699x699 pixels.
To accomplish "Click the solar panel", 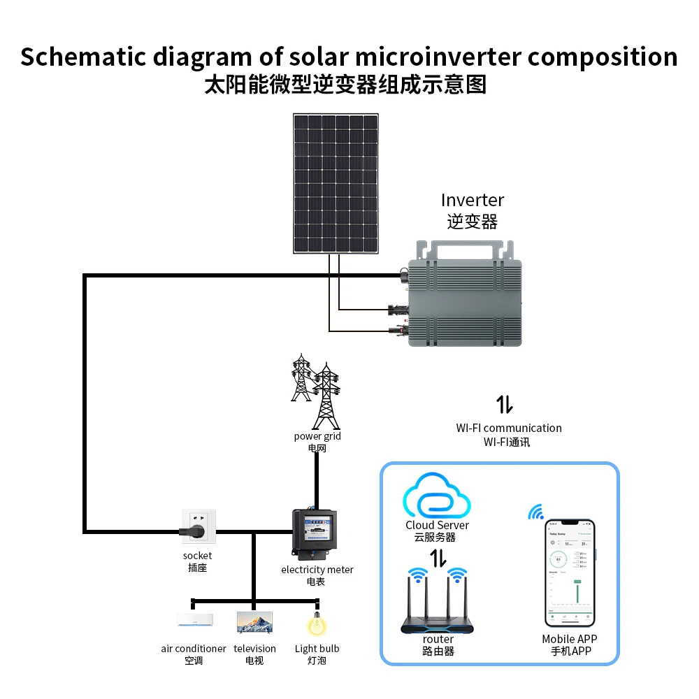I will pos(336,183).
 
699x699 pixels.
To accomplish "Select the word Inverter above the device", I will pos(473,200).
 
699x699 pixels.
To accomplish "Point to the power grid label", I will pos(317,436).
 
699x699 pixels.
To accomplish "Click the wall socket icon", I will pos(199,526).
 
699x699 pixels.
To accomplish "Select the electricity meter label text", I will pos(317,570).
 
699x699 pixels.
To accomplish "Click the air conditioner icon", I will pos(194,620).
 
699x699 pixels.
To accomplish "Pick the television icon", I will pos(254,621).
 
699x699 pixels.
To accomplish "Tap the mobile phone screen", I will pos(570,573).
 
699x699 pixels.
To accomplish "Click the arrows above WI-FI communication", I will pos(505,404).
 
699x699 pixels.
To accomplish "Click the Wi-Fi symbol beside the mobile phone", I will pos(536,513).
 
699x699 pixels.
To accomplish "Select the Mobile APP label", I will pos(570,639).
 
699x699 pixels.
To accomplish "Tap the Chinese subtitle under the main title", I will pos(345,85).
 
